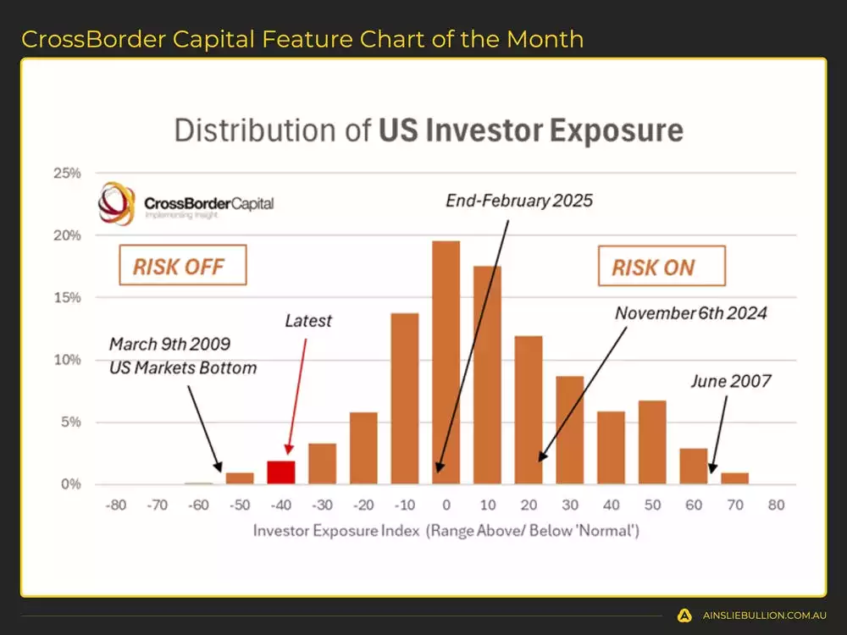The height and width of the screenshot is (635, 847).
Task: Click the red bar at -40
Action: [281, 472]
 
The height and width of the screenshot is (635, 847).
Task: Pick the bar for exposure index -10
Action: [405, 399]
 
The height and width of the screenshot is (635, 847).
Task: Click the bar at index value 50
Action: [652, 442]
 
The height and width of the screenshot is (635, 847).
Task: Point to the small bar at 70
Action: [734, 478]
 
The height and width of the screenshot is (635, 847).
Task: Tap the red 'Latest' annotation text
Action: [308, 322]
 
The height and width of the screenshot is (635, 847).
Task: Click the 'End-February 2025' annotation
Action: [519, 201]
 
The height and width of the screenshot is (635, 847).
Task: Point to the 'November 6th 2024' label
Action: [690, 313]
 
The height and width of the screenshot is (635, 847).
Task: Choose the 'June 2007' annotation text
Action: [730, 381]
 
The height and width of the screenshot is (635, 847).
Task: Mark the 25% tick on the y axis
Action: [66, 174]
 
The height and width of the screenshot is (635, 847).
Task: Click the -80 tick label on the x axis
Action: [116, 505]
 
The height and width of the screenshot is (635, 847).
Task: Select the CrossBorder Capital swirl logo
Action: [117, 204]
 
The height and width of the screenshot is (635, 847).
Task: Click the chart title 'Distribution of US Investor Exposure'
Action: [429, 131]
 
